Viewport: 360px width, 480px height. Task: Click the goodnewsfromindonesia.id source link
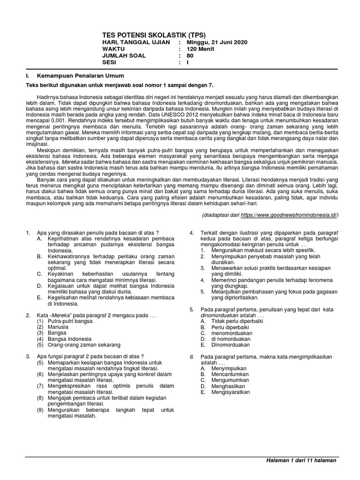point(289,215)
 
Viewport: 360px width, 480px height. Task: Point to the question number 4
point(191,233)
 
